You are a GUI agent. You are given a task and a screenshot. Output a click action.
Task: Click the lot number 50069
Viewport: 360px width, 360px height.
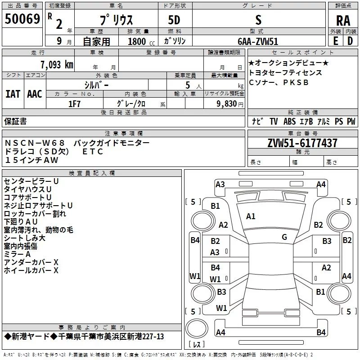coord(22,19)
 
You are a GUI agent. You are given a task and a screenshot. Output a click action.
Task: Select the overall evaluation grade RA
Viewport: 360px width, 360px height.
coord(343,20)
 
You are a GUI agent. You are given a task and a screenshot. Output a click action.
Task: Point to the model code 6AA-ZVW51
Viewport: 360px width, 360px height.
coord(258,41)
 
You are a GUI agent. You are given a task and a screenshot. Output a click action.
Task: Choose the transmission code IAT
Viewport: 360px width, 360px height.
coord(13,94)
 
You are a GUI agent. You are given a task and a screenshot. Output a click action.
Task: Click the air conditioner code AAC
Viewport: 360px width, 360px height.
coord(34,94)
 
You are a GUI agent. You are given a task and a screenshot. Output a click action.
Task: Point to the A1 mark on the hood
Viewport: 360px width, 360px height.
coord(251,216)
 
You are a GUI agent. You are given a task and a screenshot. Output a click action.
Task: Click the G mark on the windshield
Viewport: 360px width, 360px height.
coord(284,237)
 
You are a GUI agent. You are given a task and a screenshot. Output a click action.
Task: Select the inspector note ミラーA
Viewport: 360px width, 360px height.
coord(18,254)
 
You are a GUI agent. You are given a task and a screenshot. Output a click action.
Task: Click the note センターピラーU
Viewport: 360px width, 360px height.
coord(31,181)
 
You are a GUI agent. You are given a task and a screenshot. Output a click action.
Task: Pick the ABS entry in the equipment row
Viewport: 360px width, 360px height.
coord(289,121)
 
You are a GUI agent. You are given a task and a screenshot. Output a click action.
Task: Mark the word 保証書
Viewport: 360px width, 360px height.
coord(15,121)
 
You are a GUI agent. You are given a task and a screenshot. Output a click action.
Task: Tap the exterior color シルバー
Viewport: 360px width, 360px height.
coord(96,85)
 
